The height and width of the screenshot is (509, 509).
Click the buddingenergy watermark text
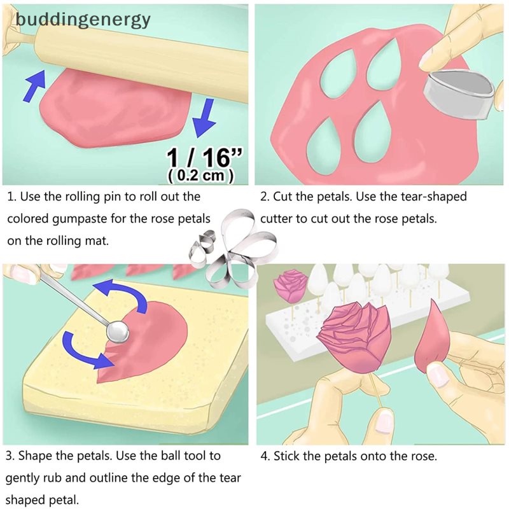pos(83,20)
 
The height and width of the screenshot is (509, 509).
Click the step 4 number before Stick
pos(264,456)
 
